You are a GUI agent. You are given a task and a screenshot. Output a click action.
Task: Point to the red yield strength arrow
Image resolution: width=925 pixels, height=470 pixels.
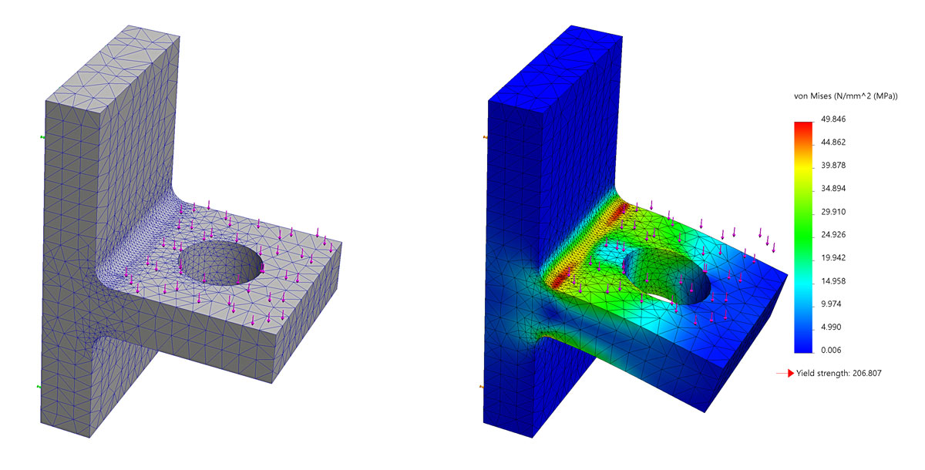(x=785, y=374)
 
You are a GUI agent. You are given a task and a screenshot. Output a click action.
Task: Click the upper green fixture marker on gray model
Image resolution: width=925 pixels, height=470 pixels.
(x=42, y=137)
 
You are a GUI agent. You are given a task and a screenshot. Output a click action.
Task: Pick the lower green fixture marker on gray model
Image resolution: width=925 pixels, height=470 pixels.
(x=41, y=388)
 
